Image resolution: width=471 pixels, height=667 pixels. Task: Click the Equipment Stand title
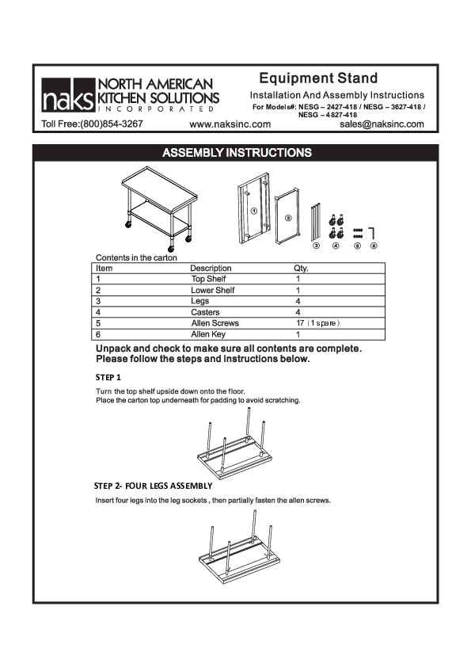(318, 78)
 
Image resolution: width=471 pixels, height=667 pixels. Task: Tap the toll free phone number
(93, 124)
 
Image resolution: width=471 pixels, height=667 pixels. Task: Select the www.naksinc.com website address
(230, 124)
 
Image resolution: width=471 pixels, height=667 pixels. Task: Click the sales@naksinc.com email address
(382, 124)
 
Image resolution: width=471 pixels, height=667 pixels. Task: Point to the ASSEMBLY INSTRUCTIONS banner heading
(236, 152)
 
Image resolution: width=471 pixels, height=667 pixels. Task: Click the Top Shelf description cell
(208, 280)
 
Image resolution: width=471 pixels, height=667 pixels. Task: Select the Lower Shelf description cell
(212, 291)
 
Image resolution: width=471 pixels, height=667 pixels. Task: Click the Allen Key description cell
(209, 335)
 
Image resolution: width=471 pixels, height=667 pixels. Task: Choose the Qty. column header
(301, 269)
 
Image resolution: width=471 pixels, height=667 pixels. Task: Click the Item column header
(104, 269)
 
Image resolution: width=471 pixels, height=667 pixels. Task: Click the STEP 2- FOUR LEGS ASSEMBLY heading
(153, 485)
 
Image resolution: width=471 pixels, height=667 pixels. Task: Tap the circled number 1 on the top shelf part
(253, 212)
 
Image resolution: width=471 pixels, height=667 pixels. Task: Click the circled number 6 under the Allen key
(374, 246)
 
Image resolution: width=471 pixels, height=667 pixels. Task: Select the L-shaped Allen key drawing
(374, 232)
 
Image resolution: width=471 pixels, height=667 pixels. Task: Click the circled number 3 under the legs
(316, 246)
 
